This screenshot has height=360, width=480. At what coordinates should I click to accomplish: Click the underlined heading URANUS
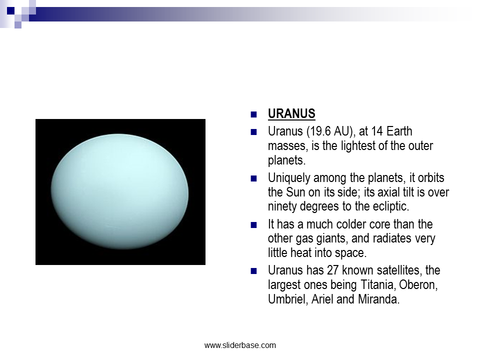(291, 113)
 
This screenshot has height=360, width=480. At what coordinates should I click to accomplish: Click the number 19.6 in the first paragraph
(320, 131)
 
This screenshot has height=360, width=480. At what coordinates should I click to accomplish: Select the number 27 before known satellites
(333, 270)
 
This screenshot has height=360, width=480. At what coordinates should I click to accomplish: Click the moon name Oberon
(418, 284)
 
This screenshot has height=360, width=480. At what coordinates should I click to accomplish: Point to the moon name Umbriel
(287, 299)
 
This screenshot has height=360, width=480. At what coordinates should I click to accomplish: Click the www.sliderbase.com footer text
(240, 345)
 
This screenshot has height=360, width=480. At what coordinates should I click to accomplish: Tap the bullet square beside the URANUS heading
(253, 114)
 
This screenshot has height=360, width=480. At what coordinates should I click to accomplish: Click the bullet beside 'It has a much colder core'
(253, 225)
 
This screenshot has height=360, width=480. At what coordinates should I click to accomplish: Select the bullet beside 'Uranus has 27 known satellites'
(253, 271)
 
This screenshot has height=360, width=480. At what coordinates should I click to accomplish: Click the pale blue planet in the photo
(119, 191)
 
